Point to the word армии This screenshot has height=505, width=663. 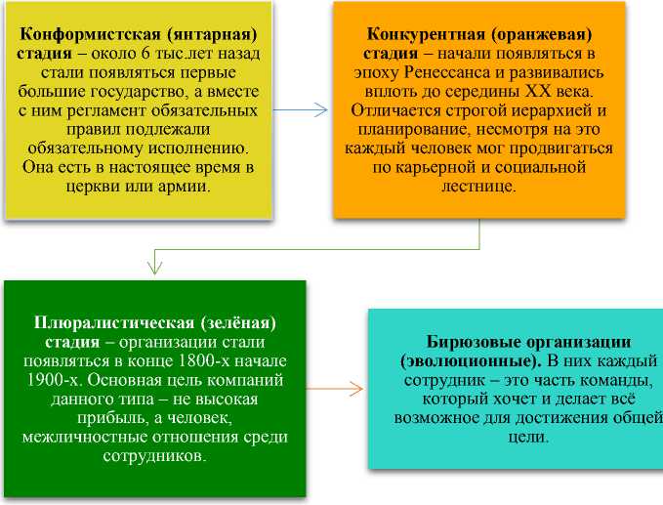pyautogui.click(x=186, y=186)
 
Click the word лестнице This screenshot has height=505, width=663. pyautogui.click(x=477, y=185)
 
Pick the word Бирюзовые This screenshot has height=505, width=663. pyautogui.click(x=472, y=342)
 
